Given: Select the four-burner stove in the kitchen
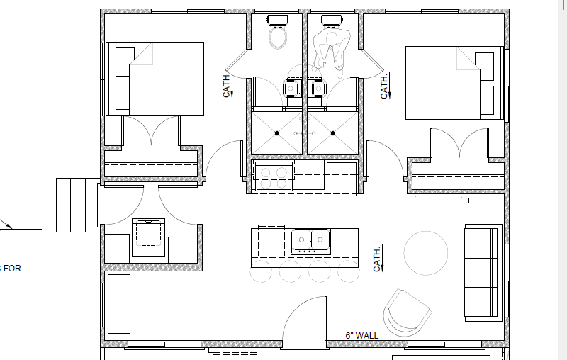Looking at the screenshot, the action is pyautogui.click(x=274, y=176).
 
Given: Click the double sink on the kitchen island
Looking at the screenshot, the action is pyautogui.click(x=311, y=241).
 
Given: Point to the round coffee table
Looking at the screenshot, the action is pyautogui.click(x=426, y=253).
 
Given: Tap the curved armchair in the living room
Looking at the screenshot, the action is pyautogui.click(x=408, y=313).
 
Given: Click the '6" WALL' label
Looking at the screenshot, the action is pyautogui.click(x=362, y=335).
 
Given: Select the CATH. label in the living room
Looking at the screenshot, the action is pyautogui.click(x=378, y=259).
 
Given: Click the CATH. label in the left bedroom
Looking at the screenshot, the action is pyautogui.click(x=227, y=85).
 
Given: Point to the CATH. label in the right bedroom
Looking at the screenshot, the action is pyautogui.click(x=385, y=86).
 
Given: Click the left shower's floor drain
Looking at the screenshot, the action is pyautogui.click(x=276, y=133).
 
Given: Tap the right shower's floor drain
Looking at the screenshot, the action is pyautogui.click(x=332, y=133).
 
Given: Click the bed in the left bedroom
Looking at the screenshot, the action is pyautogui.click(x=155, y=79).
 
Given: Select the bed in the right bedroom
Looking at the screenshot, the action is pyautogui.click(x=455, y=82).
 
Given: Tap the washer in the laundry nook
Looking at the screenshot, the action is pyautogui.click(x=148, y=237).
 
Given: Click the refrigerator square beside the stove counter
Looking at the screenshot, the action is pyautogui.click(x=342, y=179).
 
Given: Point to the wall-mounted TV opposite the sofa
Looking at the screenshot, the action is pyautogui.click(x=438, y=199).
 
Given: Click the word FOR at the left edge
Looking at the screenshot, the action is pyautogui.click(x=12, y=269).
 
